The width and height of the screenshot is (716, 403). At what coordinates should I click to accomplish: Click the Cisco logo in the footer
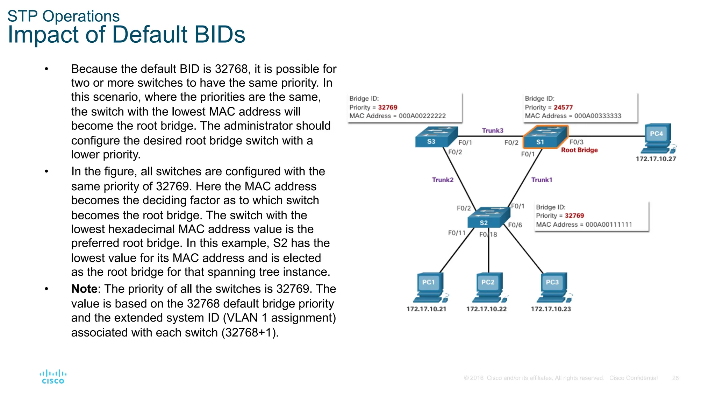click(x=53, y=377)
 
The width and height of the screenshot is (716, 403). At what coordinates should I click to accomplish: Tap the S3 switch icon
click(x=436, y=137)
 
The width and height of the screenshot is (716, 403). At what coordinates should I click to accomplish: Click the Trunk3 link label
click(x=492, y=130)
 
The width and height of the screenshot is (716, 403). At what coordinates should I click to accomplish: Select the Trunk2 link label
click(x=442, y=180)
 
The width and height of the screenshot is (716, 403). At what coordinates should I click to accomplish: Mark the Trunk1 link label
click(x=542, y=180)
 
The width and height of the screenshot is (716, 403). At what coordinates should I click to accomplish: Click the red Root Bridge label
click(x=579, y=150)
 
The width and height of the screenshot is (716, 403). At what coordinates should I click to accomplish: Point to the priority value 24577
click(x=563, y=107)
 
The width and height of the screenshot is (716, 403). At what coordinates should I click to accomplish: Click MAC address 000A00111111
click(x=608, y=225)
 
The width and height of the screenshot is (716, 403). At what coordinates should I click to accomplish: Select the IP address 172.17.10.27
click(x=656, y=159)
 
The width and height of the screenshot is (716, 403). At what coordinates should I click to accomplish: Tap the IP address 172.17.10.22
click(x=486, y=309)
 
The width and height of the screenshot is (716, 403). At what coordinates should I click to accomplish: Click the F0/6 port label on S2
click(x=515, y=225)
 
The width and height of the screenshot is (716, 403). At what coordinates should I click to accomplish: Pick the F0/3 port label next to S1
click(x=576, y=142)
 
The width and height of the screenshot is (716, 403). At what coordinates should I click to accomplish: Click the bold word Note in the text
click(x=84, y=289)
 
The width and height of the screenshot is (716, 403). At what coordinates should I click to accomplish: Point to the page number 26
click(x=675, y=378)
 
